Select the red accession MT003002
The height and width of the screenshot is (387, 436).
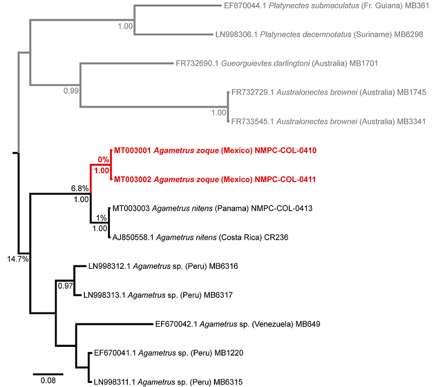coord(133,180)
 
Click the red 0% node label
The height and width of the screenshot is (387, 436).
coord(103,159)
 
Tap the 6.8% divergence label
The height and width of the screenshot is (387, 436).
coord(79,189)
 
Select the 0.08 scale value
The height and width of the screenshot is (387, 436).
coord(48,381)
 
